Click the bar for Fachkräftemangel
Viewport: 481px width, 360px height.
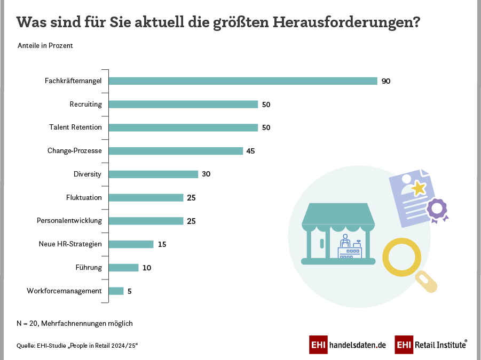coord(243,81)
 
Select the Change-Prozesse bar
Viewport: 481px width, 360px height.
coord(176,151)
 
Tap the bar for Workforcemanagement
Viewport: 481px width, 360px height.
coord(116,291)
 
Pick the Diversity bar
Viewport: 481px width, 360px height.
coord(153,174)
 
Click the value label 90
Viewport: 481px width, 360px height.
coord(386,81)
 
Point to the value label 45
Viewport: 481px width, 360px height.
coord(250,151)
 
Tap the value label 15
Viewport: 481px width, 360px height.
coord(162,244)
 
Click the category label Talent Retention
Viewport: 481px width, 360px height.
coord(75,127)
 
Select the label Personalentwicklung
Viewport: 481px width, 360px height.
coord(69,221)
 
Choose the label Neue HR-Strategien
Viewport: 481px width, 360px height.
coord(70,244)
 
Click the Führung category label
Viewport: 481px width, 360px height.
coord(89,267)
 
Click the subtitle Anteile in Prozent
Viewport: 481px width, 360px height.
coord(45,46)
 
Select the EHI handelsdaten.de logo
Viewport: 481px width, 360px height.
coord(348,345)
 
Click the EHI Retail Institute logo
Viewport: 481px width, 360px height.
coord(431,345)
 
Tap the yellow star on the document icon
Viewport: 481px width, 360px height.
coord(418,188)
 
